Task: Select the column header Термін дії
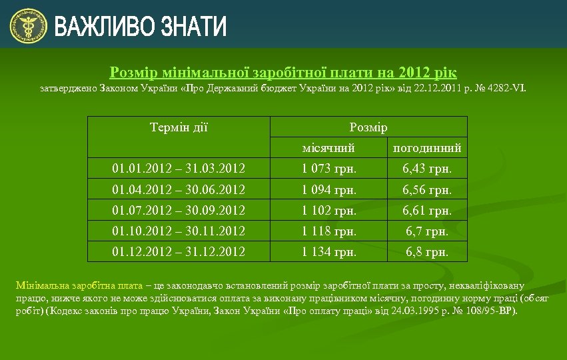pos(179,127)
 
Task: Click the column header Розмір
pos(368,127)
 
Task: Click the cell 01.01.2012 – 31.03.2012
pos(179,169)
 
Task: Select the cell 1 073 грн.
pos(328,169)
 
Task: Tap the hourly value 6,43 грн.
pos(427,169)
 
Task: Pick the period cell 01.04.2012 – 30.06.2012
pos(179,190)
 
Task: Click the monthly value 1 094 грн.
pos(328,190)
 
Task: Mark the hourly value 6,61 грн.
pos(427,211)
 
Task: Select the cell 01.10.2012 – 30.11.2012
pos(179,231)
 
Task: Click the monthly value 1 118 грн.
pos(328,231)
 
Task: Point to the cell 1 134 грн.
pos(328,252)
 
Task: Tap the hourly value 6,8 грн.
pos(427,252)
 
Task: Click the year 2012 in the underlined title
pos(417,72)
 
